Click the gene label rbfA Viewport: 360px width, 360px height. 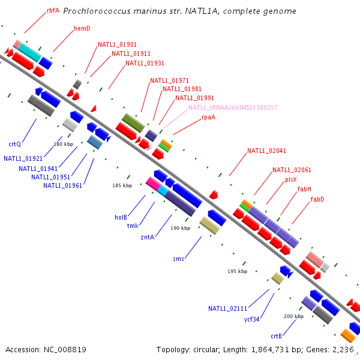(x=53, y=10)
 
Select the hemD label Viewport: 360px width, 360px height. (x=82, y=28)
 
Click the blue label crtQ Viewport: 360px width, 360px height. (x=15, y=144)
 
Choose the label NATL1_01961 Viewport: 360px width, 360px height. (x=62, y=185)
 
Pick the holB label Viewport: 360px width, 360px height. (x=121, y=217)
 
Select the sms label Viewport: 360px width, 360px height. (x=179, y=259)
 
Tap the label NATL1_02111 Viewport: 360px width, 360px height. (x=228, y=308)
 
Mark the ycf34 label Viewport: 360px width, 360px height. (x=252, y=319)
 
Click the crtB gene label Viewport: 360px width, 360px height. (x=277, y=337)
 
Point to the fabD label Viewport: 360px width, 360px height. (x=317, y=199)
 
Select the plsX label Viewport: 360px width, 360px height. (x=291, y=179)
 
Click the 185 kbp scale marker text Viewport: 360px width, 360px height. (x=122, y=185)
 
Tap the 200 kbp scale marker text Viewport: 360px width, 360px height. (x=293, y=316)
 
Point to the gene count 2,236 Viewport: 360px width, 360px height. (x=343, y=349)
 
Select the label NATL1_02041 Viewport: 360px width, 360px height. (x=267, y=151)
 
